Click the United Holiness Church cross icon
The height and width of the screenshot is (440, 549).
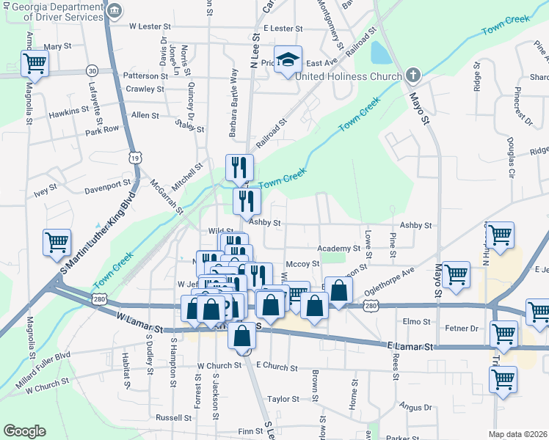(413, 76)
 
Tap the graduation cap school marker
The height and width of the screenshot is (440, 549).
(288, 59)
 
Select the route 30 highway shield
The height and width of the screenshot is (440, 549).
(92, 70)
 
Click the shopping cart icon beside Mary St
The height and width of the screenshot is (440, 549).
(34, 63)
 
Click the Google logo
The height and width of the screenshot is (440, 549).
(24, 431)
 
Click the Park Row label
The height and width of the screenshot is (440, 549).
(102, 130)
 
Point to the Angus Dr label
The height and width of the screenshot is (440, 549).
(415, 406)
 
